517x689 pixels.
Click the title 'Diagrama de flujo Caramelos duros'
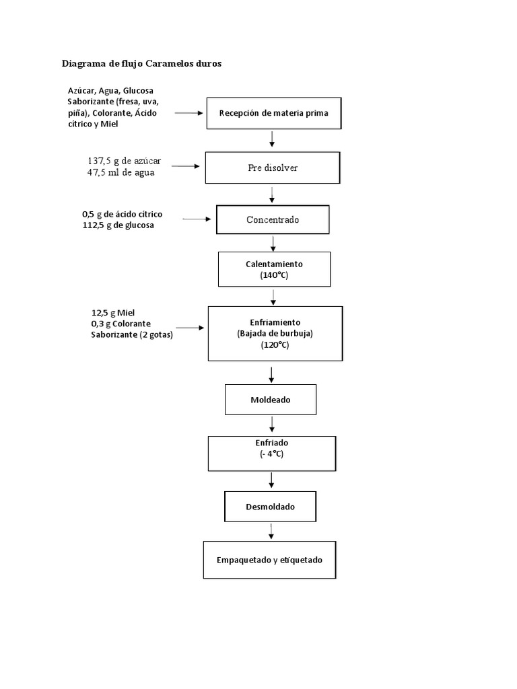[x=141, y=64]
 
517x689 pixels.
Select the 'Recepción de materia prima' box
[x=273, y=113]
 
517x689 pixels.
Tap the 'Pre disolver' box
[x=273, y=168]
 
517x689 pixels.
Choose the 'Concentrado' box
[x=273, y=219]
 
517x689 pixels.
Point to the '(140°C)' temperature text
[x=274, y=276]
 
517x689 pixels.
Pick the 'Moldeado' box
[x=270, y=400]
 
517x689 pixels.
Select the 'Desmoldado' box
[x=270, y=507]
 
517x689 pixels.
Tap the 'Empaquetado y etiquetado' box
[x=269, y=559]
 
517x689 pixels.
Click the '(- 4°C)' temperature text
[x=271, y=454]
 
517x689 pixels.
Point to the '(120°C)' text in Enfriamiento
[x=275, y=345]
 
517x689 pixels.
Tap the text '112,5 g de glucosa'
[x=118, y=225]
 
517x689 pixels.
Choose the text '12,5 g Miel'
[x=113, y=313]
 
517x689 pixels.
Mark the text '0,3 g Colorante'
[x=120, y=324]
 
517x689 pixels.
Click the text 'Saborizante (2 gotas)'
[x=132, y=334]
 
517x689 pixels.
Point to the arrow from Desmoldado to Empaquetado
[x=271, y=530]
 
